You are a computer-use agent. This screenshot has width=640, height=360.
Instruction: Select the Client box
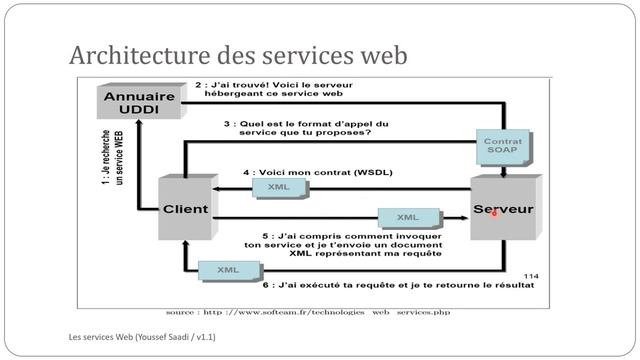pos(185,209)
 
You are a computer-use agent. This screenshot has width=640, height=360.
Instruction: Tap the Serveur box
pos(502,210)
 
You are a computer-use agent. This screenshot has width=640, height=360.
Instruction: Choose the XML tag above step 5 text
pos(407,217)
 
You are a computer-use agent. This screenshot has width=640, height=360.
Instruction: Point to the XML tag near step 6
pos(228,269)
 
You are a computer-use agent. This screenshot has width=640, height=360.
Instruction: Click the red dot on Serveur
pos(494,213)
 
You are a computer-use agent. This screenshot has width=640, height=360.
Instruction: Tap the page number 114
pos(530,275)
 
